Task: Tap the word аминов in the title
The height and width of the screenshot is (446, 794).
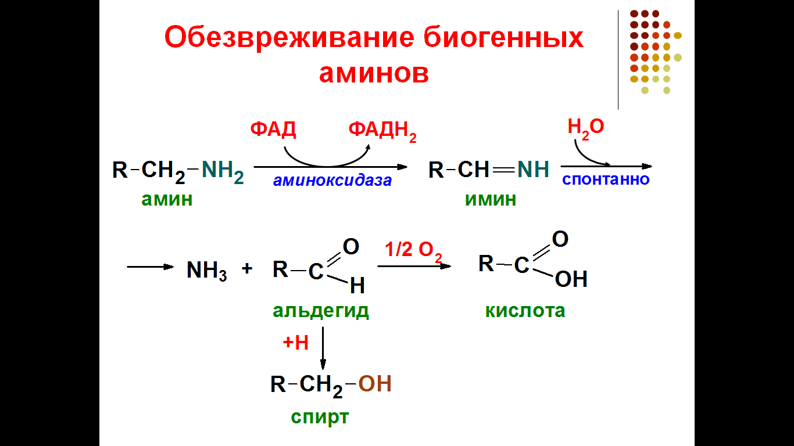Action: click(374, 73)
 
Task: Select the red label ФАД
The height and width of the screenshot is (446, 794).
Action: click(273, 129)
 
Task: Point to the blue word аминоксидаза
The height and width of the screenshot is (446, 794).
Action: click(332, 181)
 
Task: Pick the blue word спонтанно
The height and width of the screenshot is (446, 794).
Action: click(605, 179)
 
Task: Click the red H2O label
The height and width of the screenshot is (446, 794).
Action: click(585, 127)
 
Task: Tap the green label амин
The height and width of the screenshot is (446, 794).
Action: click(167, 200)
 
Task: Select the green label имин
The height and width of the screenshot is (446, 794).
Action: click(490, 200)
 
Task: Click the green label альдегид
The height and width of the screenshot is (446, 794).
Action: click(321, 311)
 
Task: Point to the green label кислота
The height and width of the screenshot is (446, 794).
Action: click(525, 311)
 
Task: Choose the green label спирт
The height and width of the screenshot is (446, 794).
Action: click(320, 417)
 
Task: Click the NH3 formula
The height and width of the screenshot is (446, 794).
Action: click(206, 270)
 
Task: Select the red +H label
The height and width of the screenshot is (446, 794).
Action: click(295, 343)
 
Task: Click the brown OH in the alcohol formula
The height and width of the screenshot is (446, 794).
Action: click(374, 384)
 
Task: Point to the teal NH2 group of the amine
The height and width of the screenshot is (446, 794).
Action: click(223, 171)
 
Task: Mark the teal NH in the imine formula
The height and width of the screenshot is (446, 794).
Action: click(533, 170)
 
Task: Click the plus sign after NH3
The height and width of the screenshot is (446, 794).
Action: click(247, 269)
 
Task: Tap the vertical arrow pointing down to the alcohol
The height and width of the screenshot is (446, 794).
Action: click(323, 348)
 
